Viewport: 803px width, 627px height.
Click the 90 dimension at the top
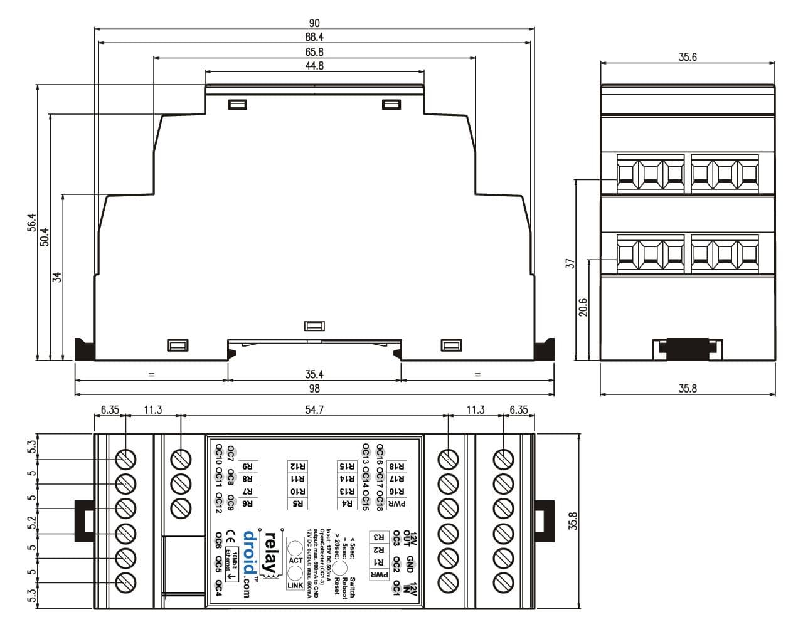pos(314,23)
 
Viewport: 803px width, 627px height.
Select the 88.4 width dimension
pos(314,38)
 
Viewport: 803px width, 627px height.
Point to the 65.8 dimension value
pos(314,52)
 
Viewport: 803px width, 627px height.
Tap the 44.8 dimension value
pos(314,66)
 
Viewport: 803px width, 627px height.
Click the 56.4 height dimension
pos(32,223)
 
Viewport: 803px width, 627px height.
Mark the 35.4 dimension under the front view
pos(314,374)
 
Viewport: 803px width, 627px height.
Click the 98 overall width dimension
pos(314,389)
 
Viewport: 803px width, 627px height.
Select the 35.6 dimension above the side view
pos(688,57)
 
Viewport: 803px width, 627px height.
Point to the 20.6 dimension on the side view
pos(583,307)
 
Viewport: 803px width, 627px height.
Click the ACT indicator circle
pos(295,547)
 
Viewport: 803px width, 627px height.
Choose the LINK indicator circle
pos(295,572)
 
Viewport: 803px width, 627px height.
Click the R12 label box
pos(298,466)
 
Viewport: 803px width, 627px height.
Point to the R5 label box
pos(298,503)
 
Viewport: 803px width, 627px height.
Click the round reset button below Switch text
pos(340,568)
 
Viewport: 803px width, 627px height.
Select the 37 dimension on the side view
pos(570,263)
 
